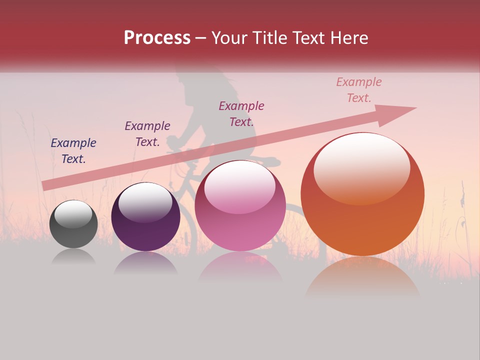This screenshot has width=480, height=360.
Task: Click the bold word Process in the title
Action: (x=157, y=38)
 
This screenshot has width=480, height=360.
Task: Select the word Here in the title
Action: (x=349, y=38)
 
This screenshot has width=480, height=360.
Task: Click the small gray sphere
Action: (x=73, y=224)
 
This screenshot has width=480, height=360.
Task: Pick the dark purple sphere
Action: (x=145, y=217)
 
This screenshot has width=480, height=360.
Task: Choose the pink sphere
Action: (x=240, y=206)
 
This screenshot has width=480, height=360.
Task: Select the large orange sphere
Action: (x=362, y=194)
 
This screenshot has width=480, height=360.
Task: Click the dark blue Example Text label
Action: (x=73, y=151)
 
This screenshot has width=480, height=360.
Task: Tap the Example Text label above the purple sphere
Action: (x=147, y=134)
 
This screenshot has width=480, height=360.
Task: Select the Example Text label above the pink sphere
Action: (x=241, y=113)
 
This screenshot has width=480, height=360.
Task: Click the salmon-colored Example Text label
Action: (x=359, y=90)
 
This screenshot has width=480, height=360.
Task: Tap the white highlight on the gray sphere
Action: (x=73, y=214)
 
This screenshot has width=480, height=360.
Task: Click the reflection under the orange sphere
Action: (x=362, y=278)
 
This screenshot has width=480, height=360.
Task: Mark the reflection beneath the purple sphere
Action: (x=145, y=262)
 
